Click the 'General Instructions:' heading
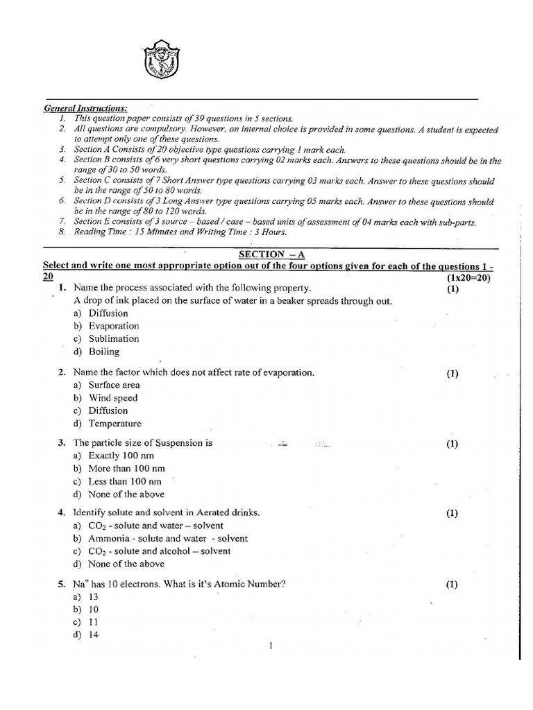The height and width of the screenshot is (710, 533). pyautogui.click(x=85, y=109)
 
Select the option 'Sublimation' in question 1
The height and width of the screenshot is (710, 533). pyautogui.click(x=113, y=339)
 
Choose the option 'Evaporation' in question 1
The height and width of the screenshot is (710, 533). pyautogui.click(x=113, y=326)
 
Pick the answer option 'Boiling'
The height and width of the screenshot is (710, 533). pyautogui.click(x=103, y=352)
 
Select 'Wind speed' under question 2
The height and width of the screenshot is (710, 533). pyautogui.click(x=112, y=398)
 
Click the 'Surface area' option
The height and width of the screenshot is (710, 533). pyautogui.click(x=114, y=385)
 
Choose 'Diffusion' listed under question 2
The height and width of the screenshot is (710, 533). pyautogui.click(x=108, y=410)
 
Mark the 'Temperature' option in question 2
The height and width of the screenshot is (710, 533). pyautogui.click(x=115, y=424)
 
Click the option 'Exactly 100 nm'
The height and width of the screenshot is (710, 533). pyautogui.click(x=121, y=456)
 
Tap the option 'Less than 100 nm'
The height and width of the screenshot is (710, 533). pyautogui.click(x=125, y=481)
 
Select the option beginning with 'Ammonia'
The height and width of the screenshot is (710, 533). pyautogui.click(x=167, y=538)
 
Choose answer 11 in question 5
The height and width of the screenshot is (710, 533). pyautogui.click(x=93, y=622)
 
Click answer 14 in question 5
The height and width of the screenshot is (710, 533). pyautogui.click(x=93, y=635)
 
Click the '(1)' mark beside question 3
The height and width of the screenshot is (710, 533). pyautogui.click(x=452, y=444)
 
